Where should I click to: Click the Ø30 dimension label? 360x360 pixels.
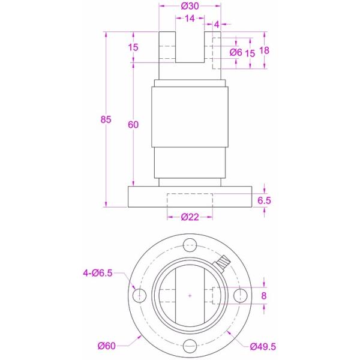(190, 6)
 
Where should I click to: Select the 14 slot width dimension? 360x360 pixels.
(190, 19)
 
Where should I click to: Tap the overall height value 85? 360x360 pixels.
(106, 119)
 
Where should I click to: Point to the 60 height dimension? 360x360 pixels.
(133, 124)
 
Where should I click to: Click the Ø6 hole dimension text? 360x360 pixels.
(236, 53)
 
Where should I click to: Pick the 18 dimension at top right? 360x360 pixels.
(263, 50)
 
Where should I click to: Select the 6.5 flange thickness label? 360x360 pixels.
(265, 200)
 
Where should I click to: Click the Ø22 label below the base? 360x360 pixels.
(190, 217)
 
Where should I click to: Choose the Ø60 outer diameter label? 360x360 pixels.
(107, 346)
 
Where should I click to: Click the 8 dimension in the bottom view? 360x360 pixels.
(264, 296)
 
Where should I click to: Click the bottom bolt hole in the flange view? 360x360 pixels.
(190, 346)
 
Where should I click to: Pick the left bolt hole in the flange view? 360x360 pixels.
(139, 295)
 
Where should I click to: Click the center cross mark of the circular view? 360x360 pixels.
(190, 295)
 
